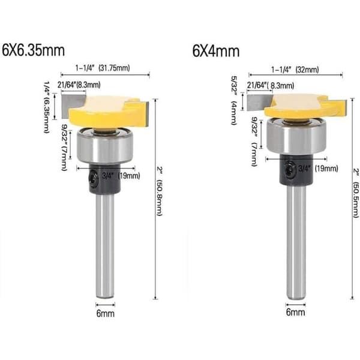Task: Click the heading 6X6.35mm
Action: pos(34,50)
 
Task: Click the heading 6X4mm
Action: pos(216,51)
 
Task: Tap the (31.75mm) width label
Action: pos(114,68)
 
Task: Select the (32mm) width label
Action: pos(307,70)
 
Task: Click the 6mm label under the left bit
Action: pos(106,313)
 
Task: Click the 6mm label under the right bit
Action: pos(295,312)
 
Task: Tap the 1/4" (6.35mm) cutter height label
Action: pos(47,107)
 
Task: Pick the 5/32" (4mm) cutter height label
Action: pos(234,101)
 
